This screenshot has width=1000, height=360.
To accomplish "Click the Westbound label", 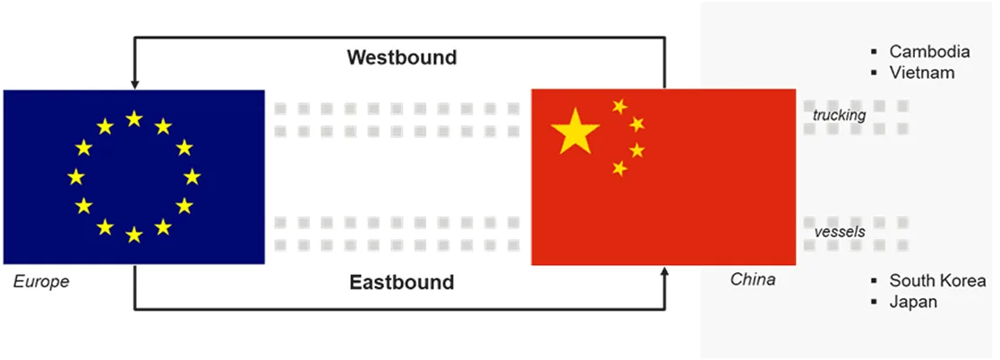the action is click(x=402, y=57).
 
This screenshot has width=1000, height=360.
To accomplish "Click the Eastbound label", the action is click(x=402, y=282).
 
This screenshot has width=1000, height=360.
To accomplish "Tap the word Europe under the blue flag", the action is click(x=41, y=281).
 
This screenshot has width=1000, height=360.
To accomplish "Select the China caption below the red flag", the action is click(x=753, y=279).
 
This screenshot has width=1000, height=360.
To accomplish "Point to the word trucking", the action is click(x=839, y=116).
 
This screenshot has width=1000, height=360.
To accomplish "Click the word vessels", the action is click(x=840, y=232).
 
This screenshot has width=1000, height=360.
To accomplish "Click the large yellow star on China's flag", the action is click(x=576, y=130).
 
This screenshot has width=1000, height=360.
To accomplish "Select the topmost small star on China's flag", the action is click(x=620, y=106).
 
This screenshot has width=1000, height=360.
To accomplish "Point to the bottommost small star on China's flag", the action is click(x=620, y=167).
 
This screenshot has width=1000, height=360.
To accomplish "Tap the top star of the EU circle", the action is click(x=134, y=119).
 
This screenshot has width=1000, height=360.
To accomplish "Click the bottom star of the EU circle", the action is click(x=134, y=235).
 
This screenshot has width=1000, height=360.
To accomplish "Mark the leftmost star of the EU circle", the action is click(x=76, y=176).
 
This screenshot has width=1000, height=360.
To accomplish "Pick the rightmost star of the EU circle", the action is click(x=192, y=176).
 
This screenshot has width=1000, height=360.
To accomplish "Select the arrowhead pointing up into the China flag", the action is click(x=664, y=270).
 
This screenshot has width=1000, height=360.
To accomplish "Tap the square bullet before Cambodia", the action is click(x=874, y=52).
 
